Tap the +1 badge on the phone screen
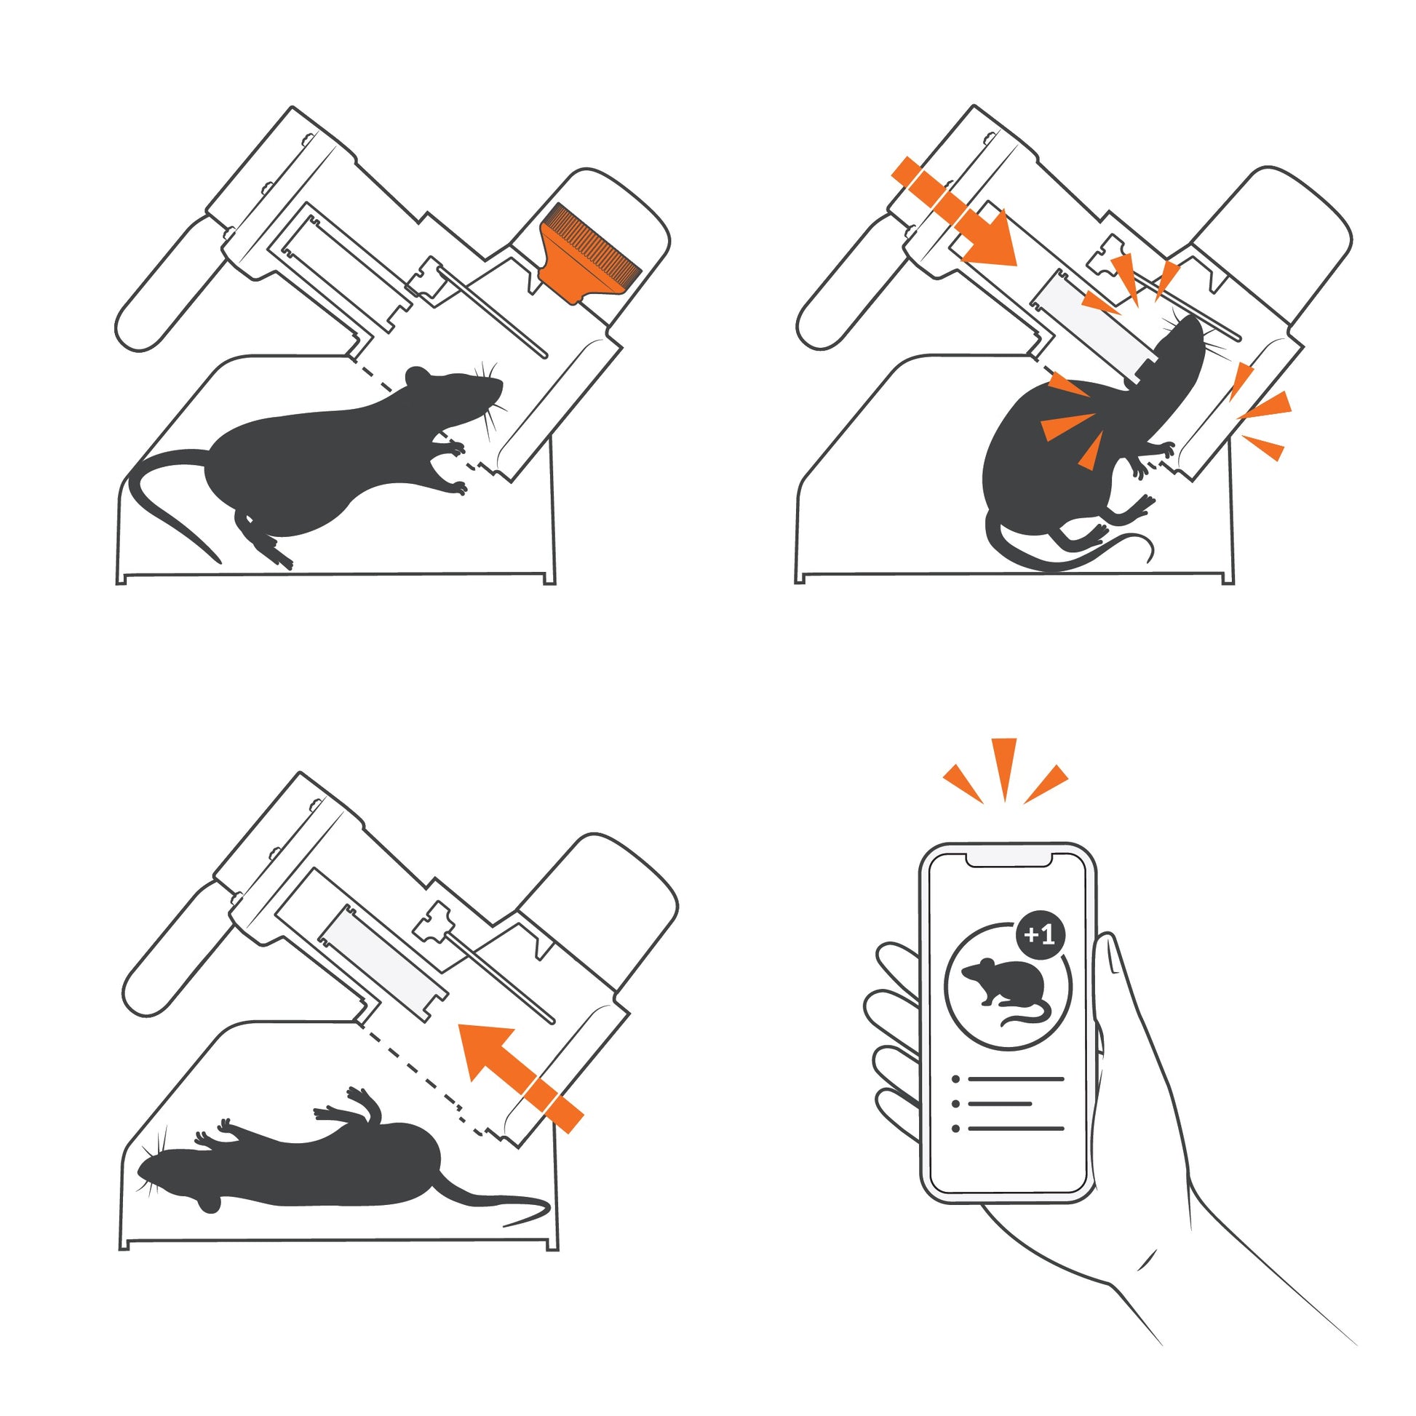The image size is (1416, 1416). (x=1041, y=934)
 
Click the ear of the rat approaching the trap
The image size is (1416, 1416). (x=418, y=376)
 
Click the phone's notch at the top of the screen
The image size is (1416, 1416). (x=1009, y=858)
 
